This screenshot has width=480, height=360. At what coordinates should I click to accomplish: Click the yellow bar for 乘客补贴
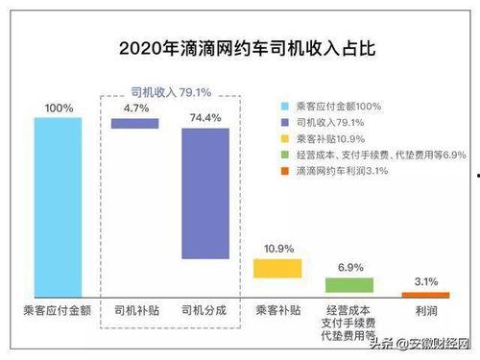(x=277, y=268)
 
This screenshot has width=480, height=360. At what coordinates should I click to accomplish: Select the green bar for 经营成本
(x=348, y=284)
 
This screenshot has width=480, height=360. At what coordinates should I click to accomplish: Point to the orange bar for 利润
(x=419, y=295)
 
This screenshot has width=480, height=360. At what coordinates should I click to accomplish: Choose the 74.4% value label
(x=204, y=117)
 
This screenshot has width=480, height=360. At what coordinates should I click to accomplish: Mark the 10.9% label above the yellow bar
(x=277, y=249)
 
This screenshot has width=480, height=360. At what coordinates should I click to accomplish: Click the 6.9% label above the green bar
(x=348, y=266)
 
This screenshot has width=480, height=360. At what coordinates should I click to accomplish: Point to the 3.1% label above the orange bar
(x=419, y=281)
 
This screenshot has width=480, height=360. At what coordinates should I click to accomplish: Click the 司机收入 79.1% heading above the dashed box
(x=171, y=92)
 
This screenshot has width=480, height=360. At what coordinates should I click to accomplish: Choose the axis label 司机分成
(x=204, y=310)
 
